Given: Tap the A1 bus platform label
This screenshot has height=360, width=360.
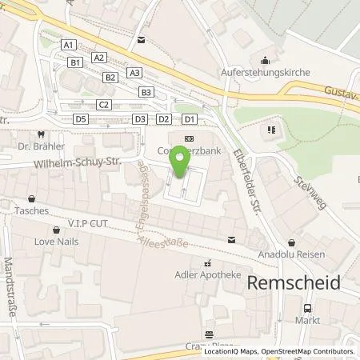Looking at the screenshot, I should [x=69, y=45].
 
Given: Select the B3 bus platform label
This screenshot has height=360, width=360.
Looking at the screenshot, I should [x=146, y=92].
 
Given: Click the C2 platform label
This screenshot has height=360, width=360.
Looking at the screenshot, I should [x=103, y=105].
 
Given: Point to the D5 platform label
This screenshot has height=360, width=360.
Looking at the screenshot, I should [x=80, y=118].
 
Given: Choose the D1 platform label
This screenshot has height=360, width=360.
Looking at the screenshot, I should [x=189, y=118].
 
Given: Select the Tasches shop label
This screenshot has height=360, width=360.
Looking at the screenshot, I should [x=31, y=211].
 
